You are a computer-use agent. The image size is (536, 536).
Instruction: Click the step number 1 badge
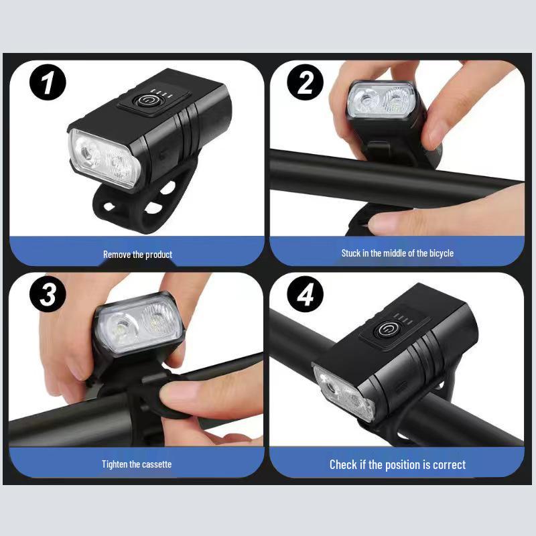[48, 84]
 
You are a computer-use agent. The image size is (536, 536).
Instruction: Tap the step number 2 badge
[305, 84]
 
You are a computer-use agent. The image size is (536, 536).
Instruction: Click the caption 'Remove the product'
[137, 255]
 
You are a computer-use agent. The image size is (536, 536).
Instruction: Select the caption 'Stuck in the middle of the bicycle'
[397, 253]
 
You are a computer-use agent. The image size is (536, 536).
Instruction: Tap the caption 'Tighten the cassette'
[137, 464]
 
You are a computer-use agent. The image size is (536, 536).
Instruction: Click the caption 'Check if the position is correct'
[397, 464]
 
